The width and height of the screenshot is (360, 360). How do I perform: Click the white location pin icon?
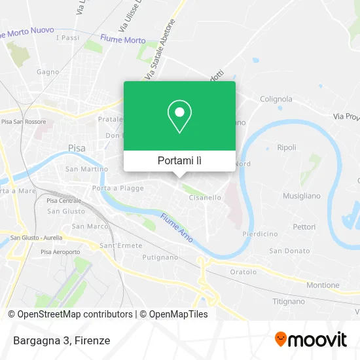point(179,117)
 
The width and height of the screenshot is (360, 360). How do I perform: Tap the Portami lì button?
point(179,160)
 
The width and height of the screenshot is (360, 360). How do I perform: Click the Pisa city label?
point(77,149)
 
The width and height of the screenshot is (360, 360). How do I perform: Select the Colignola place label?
point(276,99)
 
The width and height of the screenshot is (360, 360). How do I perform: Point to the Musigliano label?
point(301,196)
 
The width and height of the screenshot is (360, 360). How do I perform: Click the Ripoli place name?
point(287,147)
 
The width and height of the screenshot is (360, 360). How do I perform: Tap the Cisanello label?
point(205,197)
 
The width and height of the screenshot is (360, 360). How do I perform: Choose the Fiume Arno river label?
point(177,228)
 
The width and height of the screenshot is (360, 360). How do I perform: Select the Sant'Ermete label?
point(117,245)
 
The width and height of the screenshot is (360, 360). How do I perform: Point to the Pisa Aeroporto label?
point(60,252)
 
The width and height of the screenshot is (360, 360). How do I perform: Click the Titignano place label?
point(289,302)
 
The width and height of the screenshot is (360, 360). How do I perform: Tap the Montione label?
point(323,285)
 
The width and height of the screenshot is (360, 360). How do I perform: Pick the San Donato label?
point(289,251)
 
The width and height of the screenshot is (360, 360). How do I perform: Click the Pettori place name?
point(304,226)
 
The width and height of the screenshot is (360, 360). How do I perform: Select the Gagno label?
point(48,72)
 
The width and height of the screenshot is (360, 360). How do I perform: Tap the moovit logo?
point(310,340)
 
